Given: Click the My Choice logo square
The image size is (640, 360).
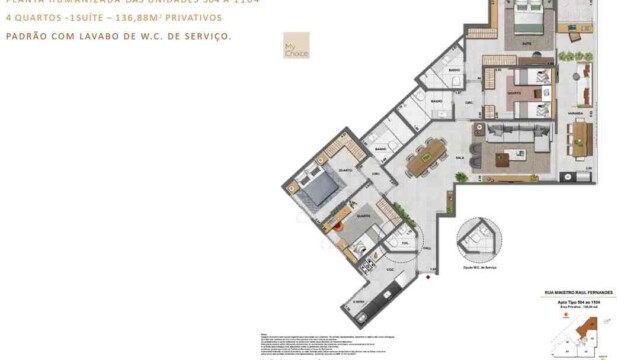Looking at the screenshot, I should click(x=296, y=46).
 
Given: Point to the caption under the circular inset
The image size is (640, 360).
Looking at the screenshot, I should click(x=477, y=270).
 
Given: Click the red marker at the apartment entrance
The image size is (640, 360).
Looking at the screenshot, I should click(x=428, y=280).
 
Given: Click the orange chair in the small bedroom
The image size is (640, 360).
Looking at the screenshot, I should click(x=341, y=226).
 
